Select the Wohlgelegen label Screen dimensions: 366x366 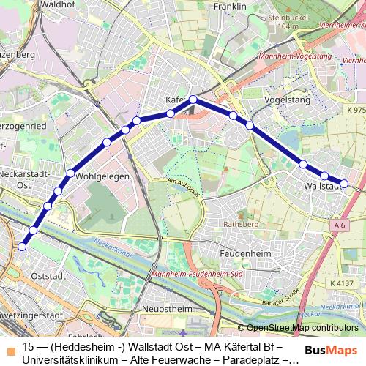coord(102,176)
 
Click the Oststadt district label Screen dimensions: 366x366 coord(50,276)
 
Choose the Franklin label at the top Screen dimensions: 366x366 coord(231,6)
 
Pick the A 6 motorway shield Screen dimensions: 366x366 coord(338,226)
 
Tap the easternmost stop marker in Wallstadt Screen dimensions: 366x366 coord(344,183)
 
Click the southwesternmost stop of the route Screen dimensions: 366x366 coord(22,247)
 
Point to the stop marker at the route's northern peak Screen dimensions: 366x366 coord(193,100)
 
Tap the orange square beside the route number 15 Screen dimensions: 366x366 coord(9,347)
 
